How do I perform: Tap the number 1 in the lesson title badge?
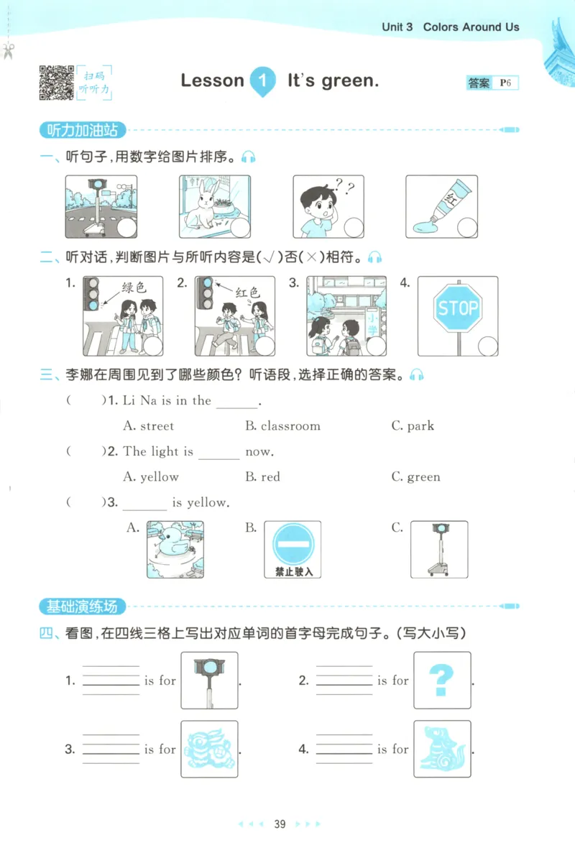[x=263, y=80]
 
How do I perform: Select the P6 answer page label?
[x=507, y=83]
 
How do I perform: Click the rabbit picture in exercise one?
[x=214, y=206]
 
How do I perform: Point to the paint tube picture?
[x=441, y=206]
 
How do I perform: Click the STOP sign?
[x=458, y=309]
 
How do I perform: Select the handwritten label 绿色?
[x=133, y=288]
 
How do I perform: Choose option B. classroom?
[x=282, y=426]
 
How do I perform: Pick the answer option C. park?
[x=413, y=426]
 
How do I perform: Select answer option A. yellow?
[x=151, y=477]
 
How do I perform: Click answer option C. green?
[x=415, y=477]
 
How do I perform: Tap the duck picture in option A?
[x=175, y=549]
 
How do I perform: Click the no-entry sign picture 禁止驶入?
[x=293, y=549]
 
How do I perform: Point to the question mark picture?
[x=442, y=680]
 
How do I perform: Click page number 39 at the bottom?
[x=280, y=824]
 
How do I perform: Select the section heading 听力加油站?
[x=81, y=131]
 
